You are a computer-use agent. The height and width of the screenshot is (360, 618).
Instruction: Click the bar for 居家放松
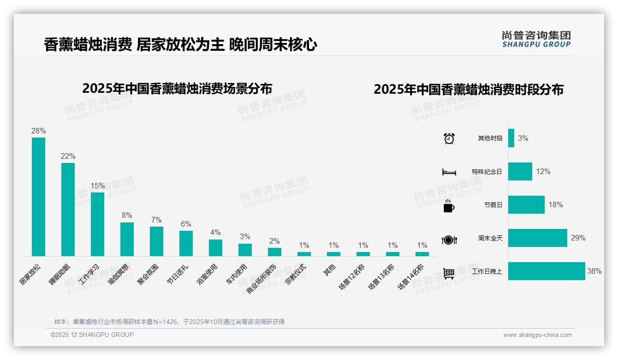(x=38, y=197)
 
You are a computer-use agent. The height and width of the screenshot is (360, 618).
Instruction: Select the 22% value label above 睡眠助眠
(x=68, y=156)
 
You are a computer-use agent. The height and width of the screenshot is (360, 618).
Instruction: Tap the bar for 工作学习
(x=97, y=224)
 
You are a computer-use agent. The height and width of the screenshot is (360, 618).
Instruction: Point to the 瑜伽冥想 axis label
(x=119, y=275)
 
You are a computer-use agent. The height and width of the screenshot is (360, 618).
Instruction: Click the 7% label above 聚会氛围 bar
(x=156, y=220)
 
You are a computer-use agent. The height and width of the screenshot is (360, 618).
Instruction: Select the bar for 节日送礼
(x=186, y=243)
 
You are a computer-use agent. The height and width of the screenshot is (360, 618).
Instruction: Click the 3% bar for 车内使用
(x=245, y=250)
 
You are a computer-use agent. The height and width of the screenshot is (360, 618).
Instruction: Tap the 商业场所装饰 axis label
(x=261, y=279)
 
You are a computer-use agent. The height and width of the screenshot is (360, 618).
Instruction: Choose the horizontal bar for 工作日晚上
(x=547, y=271)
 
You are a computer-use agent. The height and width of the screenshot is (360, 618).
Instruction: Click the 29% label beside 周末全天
(x=578, y=238)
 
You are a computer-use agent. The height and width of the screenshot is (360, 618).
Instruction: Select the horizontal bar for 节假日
(x=526, y=205)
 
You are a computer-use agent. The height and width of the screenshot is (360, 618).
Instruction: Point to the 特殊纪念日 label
(x=487, y=172)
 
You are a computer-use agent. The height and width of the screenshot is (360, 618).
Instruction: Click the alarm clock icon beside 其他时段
(x=449, y=138)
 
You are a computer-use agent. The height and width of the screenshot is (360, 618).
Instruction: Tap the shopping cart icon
(x=449, y=274)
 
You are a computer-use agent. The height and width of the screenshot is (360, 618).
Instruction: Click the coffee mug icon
(x=449, y=206)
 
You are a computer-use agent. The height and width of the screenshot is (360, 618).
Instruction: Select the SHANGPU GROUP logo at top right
(x=536, y=39)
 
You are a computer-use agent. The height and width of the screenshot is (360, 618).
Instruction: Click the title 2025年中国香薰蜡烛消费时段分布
(x=469, y=90)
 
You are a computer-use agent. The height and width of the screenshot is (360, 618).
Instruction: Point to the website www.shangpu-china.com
(x=537, y=335)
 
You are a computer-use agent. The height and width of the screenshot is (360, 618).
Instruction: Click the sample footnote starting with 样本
(x=169, y=322)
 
